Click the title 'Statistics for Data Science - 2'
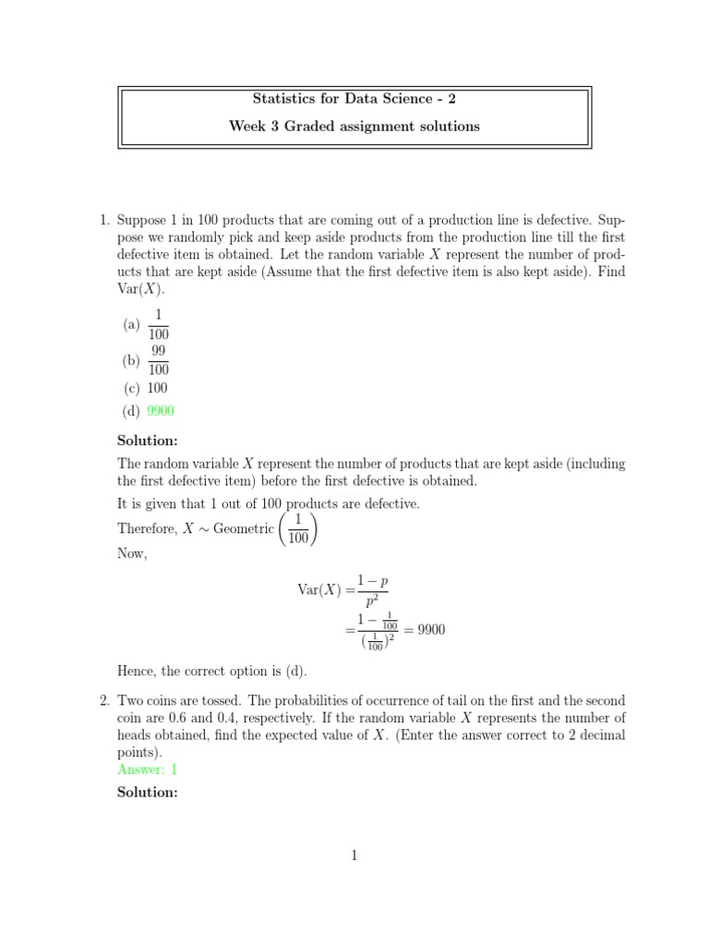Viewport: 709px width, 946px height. coord(354,98)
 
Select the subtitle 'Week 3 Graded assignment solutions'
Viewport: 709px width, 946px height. coord(354,127)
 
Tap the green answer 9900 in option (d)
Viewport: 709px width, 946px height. coord(161,411)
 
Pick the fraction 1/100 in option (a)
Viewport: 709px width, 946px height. coord(158,324)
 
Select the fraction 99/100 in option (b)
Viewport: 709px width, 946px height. coord(158,359)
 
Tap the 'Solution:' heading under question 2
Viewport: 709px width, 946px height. coord(148,793)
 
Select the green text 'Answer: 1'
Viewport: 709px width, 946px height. coord(148,769)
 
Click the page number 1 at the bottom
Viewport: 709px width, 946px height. coord(354,855)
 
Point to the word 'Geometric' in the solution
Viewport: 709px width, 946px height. coord(244,528)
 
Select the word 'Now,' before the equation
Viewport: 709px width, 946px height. coord(133,552)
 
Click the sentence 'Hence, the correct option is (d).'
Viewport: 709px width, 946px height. coord(212,671)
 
